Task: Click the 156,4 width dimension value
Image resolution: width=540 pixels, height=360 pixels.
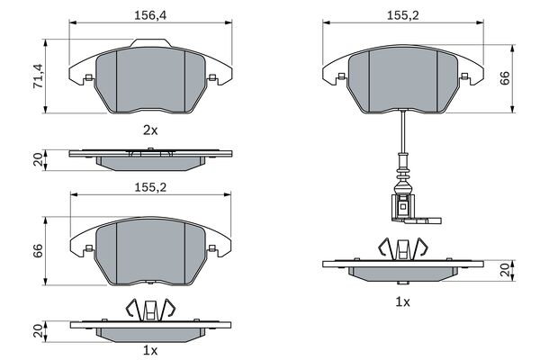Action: pyautogui.click(x=150, y=15)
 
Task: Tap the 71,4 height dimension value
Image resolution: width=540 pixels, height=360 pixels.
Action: pyautogui.click(x=38, y=76)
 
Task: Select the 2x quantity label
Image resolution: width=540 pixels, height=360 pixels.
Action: pyautogui.click(x=150, y=130)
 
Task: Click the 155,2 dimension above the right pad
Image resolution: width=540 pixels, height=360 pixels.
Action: pyautogui.click(x=403, y=15)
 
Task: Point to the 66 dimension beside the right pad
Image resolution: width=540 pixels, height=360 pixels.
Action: pyautogui.click(x=505, y=78)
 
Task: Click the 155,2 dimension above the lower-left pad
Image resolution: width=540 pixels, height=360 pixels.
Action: pyautogui.click(x=150, y=187)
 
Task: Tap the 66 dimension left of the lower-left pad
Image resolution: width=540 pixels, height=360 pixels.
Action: pyautogui.click(x=38, y=250)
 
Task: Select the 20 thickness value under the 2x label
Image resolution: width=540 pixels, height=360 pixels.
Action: pyautogui.click(x=38, y=159)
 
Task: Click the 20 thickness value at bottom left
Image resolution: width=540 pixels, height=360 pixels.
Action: pyautogui.click(x=38, y=330)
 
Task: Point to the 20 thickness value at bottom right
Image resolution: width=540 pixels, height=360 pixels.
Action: pyautogui.click(x=505, y=270)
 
